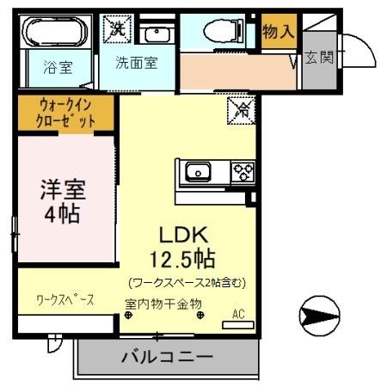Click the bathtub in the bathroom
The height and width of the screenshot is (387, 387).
(x=56, y=34)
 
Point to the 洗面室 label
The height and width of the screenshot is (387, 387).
(x=137, y=63)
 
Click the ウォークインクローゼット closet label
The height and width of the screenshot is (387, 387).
(x=66, y=113)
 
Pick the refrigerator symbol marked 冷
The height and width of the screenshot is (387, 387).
(x=242, y=110)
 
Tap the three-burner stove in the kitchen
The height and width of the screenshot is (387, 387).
(x=243, y=172)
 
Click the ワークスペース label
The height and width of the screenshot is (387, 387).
(x=64, y=300)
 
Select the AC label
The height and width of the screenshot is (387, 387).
(x=238, y=315)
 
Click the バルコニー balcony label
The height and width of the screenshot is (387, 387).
(x=166, y=355)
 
